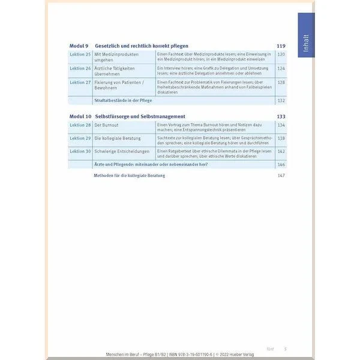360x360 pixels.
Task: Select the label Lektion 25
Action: point(80,55)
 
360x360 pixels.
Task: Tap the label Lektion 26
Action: point(80,68)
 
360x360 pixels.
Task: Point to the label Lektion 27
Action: point(80,82)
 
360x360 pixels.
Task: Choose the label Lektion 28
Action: point(80,124)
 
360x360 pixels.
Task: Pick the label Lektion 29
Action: point(80,138)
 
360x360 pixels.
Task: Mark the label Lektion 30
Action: point(80,152)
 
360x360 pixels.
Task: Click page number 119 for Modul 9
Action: point(280,46)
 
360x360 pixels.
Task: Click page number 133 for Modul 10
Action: point(280,116)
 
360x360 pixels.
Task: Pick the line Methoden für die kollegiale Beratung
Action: point(129,175)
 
